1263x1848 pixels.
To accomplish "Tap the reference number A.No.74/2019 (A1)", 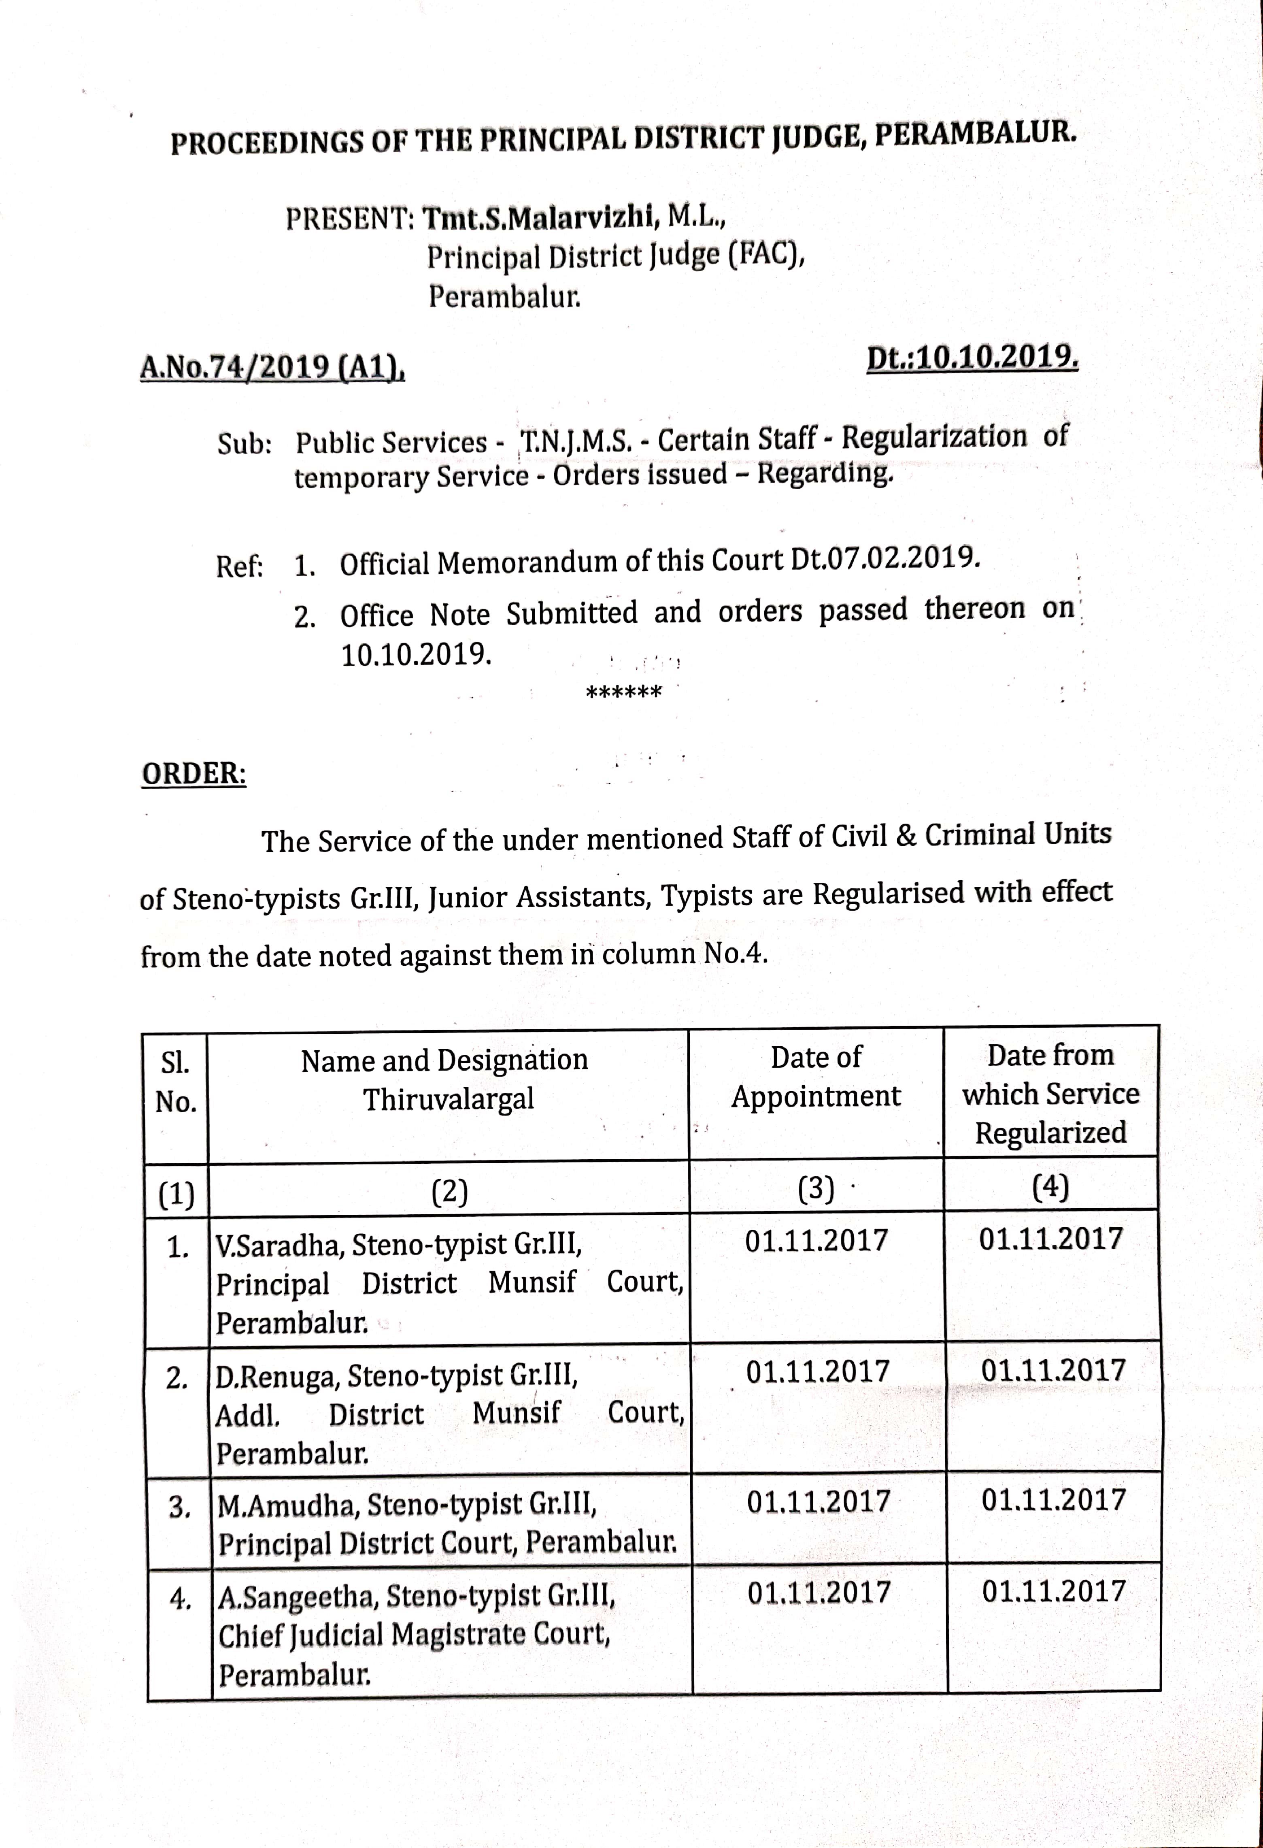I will pyautogui.click(x=272, y=367).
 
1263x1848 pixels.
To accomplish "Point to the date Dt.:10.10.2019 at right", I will pyautogui.click(x=972, y=358).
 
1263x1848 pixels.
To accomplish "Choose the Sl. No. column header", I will pyautogui.click(x=176, y=1082).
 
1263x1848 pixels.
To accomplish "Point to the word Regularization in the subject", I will pyautogui.click(x=934, y=436).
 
